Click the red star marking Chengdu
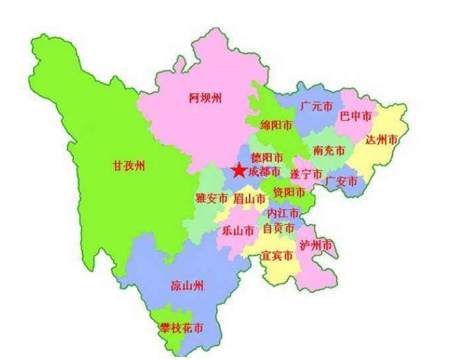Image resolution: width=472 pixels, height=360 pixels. coord(238,171)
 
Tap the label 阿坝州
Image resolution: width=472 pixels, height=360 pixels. coord(205,98)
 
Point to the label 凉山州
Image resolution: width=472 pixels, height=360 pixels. coord(187,285)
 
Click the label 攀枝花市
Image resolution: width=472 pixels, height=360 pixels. coord(182,328)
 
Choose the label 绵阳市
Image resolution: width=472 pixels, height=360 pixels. coord(276,125)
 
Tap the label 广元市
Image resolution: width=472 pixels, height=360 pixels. coord(315,107)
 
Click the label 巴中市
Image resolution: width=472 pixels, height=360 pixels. coord(356,114)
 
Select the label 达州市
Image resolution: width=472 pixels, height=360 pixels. coord(382,139)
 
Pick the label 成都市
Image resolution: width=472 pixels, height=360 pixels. coord(264,172)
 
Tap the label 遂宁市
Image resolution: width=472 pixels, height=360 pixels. coord(306,174)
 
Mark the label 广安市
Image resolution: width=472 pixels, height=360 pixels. coord(341,181)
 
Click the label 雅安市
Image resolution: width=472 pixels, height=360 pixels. coord(212,198)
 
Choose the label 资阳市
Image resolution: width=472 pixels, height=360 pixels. coord(289,192)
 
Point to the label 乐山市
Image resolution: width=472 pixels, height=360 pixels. coord(238,230)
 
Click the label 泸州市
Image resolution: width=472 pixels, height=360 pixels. coord(315,245)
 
